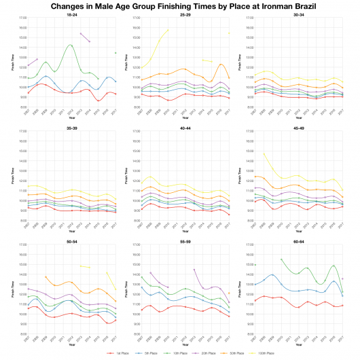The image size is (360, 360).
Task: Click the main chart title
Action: (180, 5)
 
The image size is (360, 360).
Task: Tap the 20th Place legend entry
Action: (215, 353)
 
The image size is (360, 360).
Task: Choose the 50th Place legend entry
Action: (245, 353)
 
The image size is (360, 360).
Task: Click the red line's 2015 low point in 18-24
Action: (98, 101)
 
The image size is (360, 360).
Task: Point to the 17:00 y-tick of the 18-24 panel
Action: (23, 18)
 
